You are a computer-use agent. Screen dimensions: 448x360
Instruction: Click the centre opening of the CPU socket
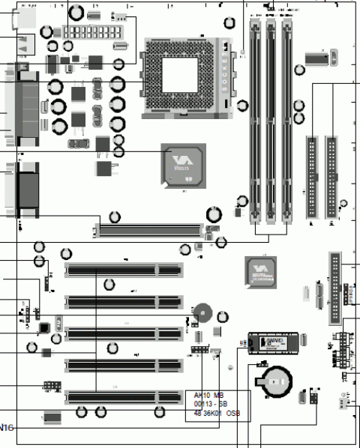pos(178,73)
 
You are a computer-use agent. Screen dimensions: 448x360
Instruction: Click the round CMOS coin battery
pos(274,381)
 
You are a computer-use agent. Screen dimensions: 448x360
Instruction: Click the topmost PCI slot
pos(124,270)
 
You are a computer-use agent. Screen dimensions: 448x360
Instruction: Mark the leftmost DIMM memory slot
pos(255,120)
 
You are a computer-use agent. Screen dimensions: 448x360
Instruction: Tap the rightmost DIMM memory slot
pos(288,120)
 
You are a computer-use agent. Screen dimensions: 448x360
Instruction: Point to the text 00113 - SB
pos(211,404)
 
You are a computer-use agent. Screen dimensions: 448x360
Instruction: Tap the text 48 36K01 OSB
pos(217,414)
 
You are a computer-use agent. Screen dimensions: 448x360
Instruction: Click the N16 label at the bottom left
pos(6,427)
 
